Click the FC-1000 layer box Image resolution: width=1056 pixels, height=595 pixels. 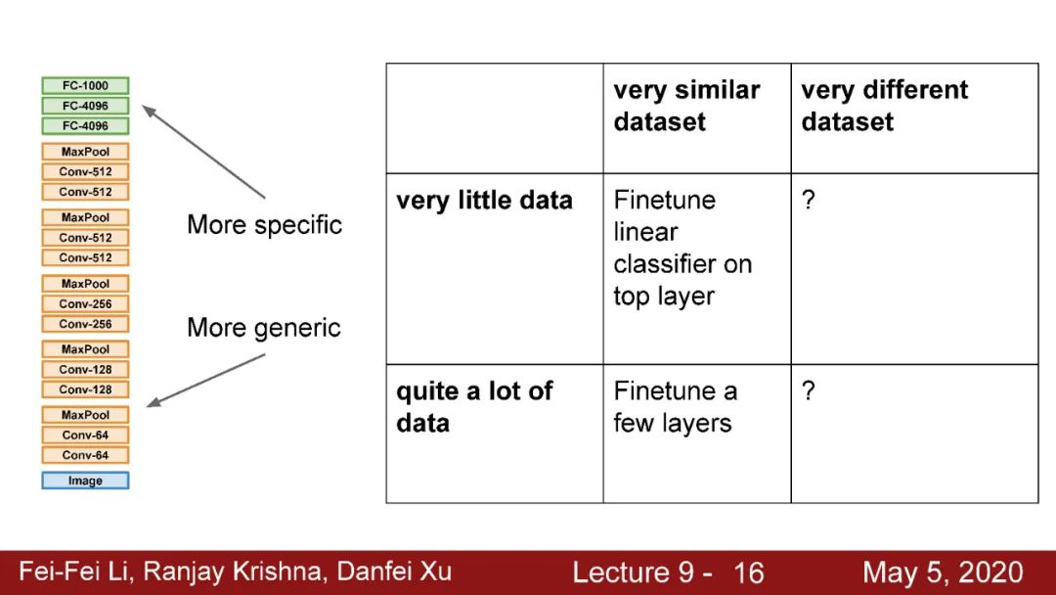[x=85, y=86]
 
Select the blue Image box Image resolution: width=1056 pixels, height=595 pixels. [x=85, y=481]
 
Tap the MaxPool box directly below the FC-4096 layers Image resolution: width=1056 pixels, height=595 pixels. [x=85, y=152]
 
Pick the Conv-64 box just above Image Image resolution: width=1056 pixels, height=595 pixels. [x=85, y=455]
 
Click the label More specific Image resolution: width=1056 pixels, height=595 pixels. [x=264, y=225]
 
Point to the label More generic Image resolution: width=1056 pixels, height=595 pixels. [x=264, y=327]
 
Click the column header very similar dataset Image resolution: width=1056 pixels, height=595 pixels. [x=686, y=106]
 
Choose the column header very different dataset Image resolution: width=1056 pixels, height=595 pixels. [x=884, y=106]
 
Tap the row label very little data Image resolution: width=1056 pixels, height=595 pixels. [x=484, y=201]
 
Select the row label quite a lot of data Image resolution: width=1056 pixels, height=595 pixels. [x=474, y=407]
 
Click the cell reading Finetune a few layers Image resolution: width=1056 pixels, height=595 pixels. [x=675, y=407]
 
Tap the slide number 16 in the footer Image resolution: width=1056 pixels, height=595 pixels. [x=748, y=572]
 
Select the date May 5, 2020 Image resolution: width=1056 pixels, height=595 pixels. [x=943, y=572]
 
